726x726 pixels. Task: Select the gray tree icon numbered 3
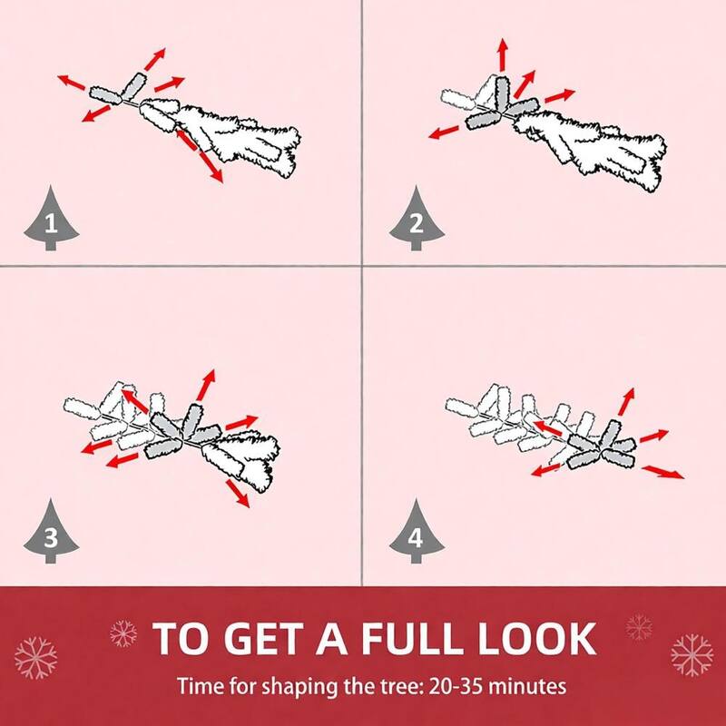pos(51,534)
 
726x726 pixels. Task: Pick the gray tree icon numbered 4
pos(417,534)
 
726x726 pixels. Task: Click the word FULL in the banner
pos(413,639)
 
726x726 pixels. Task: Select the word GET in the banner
pos(266,639)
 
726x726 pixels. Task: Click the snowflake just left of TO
pos(123,633)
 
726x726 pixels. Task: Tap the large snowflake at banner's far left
pos(35,657)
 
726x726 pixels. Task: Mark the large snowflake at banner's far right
pos(692,655)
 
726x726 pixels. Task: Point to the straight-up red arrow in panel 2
pos(504,54)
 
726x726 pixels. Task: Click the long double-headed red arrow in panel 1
pos(199,156)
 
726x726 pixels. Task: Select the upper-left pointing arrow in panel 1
pos(72,82)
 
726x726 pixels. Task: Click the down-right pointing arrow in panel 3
pos(238,494)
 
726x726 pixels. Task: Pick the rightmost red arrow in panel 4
pos(663,472)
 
